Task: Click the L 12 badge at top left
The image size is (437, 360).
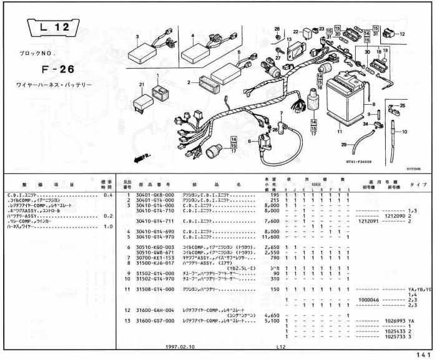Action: pyautogui.click(x=53, y=27)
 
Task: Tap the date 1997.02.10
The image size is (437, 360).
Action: pyautogui.click(x=179, y=346)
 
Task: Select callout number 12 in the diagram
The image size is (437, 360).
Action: pyautogui.click(x=401, y=34)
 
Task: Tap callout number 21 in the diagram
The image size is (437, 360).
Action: pyautogui.click(x=142, y=84)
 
